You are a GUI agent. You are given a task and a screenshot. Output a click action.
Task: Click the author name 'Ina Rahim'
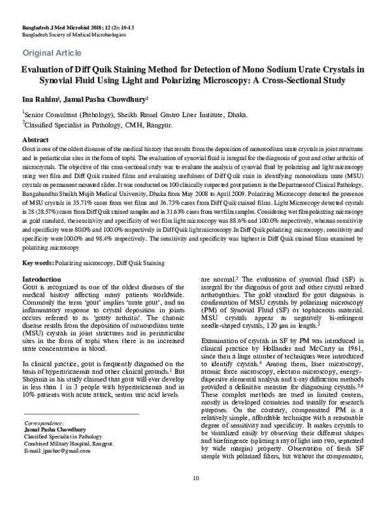tap(42, 99)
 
